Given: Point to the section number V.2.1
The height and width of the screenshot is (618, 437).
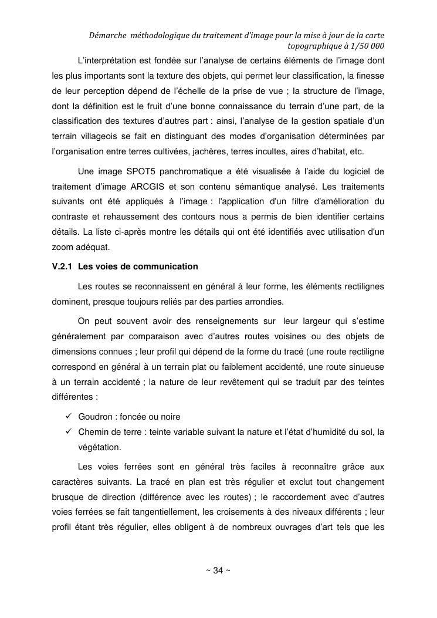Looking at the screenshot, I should tap(62, 266).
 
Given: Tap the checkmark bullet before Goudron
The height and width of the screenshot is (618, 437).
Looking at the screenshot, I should tap(68, 416).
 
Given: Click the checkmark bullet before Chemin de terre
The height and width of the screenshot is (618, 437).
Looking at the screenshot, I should tap(68, 432).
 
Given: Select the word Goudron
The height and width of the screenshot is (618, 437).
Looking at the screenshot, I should tap(95, 417).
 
